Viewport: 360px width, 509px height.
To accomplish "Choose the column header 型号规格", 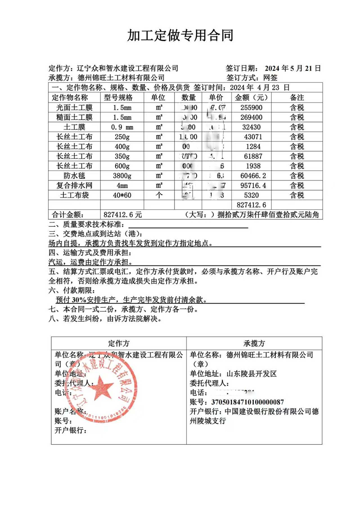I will [119, 98].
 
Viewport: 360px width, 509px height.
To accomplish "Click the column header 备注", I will [297, 98].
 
